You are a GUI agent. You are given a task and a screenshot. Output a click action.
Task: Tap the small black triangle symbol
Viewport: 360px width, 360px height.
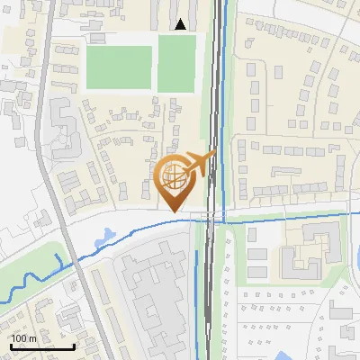tap(182, 25)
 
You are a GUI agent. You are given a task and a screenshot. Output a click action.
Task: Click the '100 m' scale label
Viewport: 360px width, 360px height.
tap(23, 338)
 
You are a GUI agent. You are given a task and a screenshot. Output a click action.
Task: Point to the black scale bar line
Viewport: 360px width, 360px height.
tap(41, 346)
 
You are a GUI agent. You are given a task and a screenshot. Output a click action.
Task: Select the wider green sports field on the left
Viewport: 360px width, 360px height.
tap(118, 67)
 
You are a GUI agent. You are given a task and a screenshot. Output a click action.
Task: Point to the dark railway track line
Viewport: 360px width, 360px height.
tap(212, 108)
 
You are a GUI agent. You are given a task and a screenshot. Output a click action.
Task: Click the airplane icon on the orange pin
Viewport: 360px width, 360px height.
tap(200, 162)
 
